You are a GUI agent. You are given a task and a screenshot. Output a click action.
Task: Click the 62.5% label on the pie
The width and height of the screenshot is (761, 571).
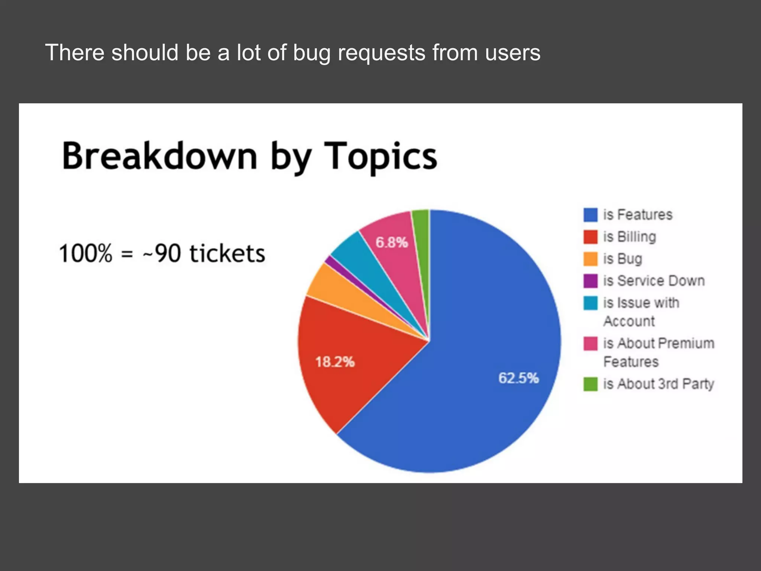point(518,378)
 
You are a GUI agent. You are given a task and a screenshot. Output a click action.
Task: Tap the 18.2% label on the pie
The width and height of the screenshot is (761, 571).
point(335,362)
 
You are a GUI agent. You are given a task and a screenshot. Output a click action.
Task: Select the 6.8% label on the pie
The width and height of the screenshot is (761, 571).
point(392,243)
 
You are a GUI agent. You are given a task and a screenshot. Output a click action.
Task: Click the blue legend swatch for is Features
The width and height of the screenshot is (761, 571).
point(590,215)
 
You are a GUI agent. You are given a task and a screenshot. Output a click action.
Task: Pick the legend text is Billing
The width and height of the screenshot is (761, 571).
point(629,237)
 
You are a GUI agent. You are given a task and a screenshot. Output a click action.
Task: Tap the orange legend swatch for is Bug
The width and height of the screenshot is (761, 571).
point(590,259)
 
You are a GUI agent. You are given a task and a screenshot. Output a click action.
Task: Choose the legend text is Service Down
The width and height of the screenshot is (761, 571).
point(654,281)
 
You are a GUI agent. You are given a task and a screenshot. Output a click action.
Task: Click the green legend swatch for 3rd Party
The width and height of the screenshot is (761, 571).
point(590,384)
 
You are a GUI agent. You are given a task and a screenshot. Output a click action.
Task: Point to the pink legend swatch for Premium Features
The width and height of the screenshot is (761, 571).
point(590,344)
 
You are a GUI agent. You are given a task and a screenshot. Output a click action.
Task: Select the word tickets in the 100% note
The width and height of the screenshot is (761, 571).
point(227,254)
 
